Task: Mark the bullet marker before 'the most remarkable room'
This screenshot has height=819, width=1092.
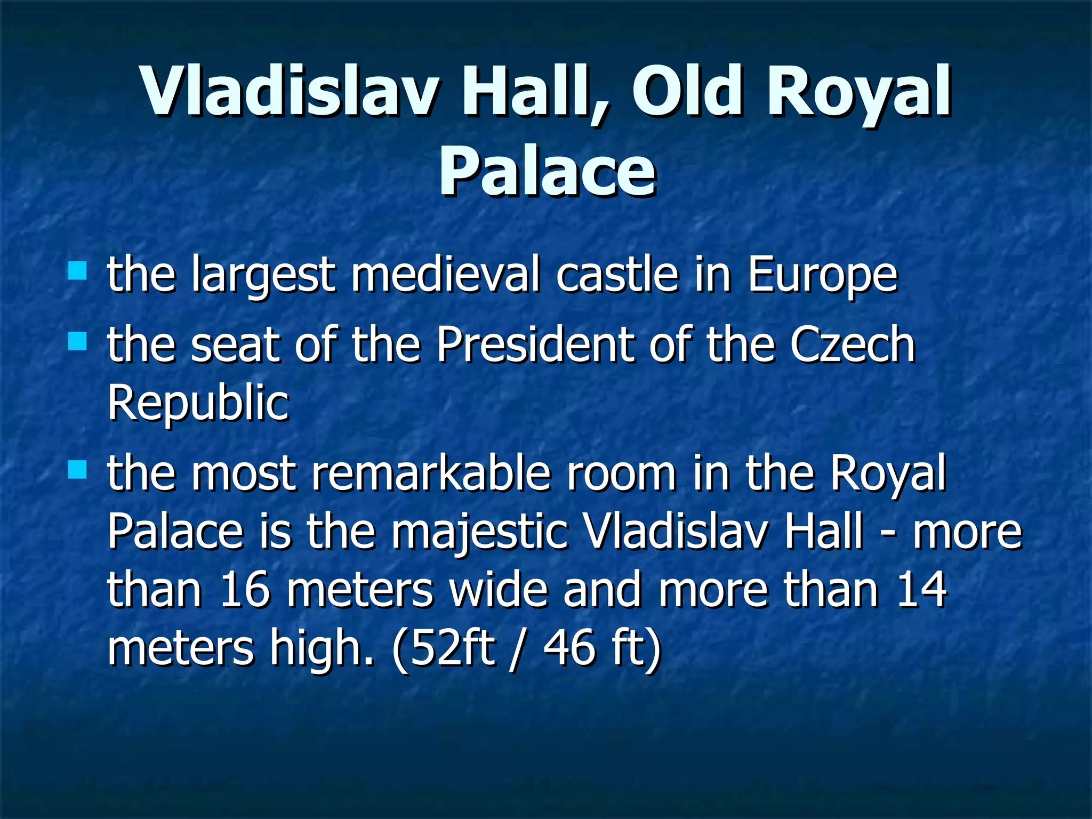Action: (78, 469)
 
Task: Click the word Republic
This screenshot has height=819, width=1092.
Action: (198, 404)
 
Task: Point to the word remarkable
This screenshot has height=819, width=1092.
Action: (431, 473)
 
